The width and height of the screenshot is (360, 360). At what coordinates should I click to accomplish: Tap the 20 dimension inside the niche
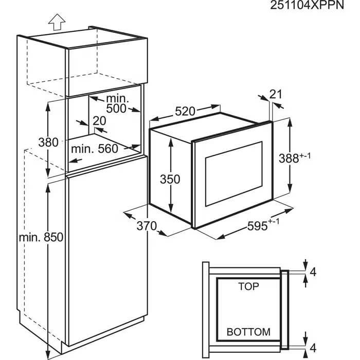click(99, 120)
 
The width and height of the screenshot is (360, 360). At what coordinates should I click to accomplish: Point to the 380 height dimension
click(49, 142)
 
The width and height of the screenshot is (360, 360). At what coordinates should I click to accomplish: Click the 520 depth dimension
click(185, 112)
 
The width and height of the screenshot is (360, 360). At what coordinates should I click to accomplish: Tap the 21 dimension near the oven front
click(276, 94)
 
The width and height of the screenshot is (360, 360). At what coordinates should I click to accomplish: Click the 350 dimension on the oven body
click(170, 179)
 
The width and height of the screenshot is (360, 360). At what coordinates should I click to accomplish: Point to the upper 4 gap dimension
click(313, 271)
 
